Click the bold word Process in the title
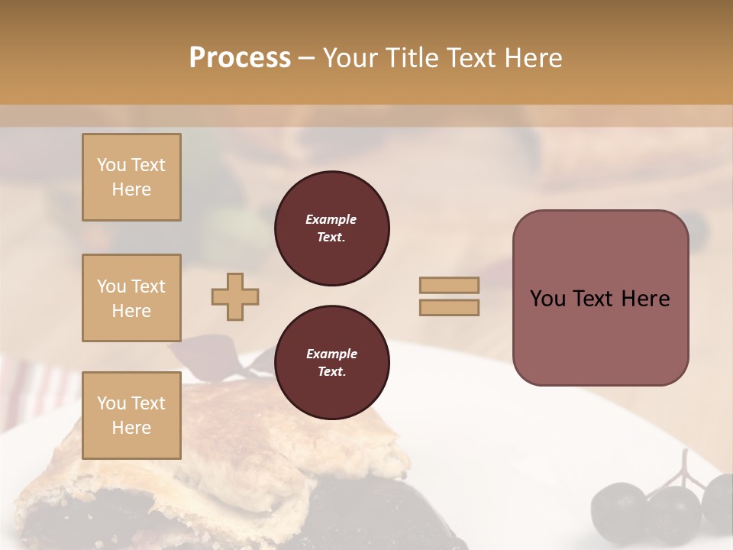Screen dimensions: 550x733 pyautogui.click(x=240, y=58)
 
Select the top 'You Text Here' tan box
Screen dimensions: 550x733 pyautogui.click(x=131, y=177)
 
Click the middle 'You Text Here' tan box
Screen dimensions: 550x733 pyautogui.click(x=131, y=298)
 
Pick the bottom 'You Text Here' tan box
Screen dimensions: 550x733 pyautogui.click(x=131, y=416)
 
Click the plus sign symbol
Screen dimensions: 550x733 pyautogui.click(x=235, y=296)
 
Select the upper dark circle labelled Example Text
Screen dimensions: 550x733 pyautogui.click(x=331, y=228)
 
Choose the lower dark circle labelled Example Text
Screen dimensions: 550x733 pyautogui.click(x=331, y=363)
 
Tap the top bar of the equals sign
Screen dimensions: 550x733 pyautogui.click(x=449, y=286)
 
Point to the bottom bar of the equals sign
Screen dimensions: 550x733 pyautogui.click(x=449, y=307)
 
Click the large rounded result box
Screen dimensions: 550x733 pyautogui.click(x=600, y=336)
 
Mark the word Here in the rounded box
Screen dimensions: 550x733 pyautogui.click(x=645, y=299)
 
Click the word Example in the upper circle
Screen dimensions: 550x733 pyautogui.click(x=331, y=219)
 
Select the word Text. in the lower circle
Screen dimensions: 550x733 pyautogui.click(x=331, y=372)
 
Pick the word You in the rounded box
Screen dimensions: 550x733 pyautogui.click(x=547, y=299)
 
